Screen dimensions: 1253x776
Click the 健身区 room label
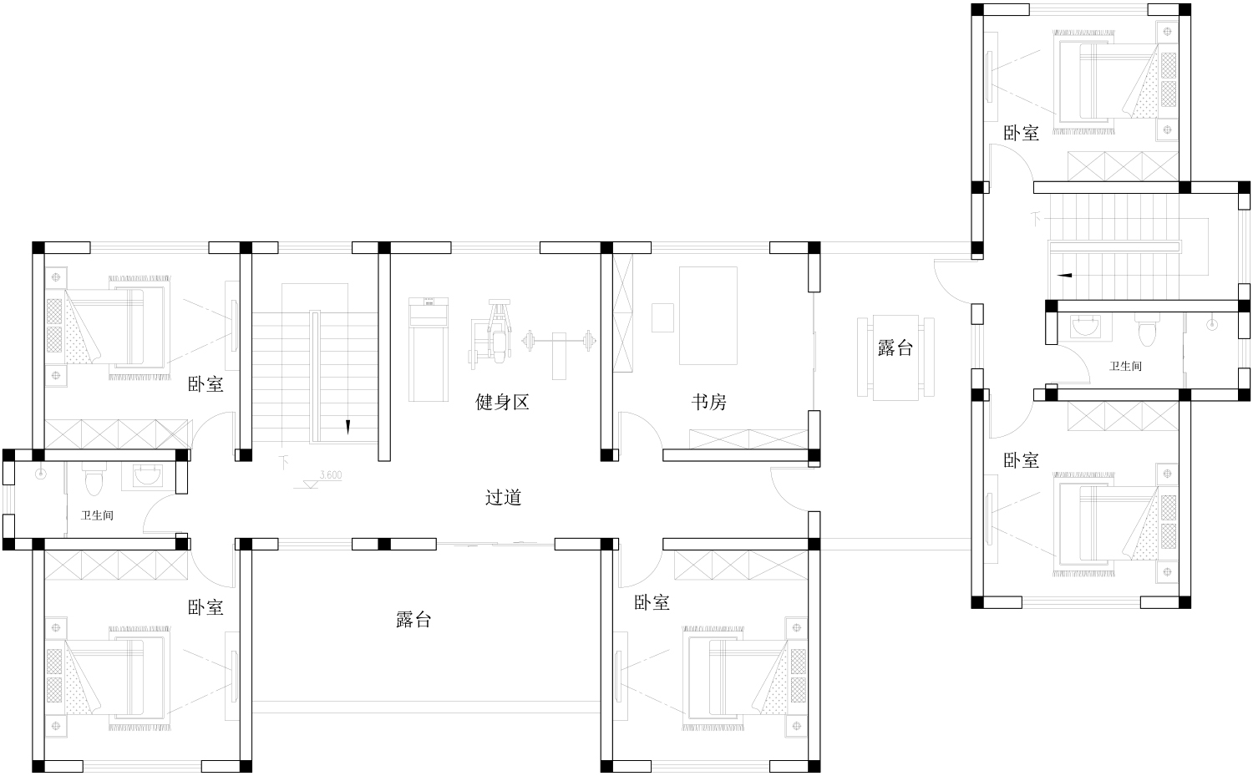[x=502, y=402]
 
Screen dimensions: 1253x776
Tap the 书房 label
[x=708, y=402]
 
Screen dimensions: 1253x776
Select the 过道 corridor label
[x=503, y=497]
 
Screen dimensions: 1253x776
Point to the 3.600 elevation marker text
[x=331, y=475]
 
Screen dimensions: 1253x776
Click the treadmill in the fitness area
[x=428, y=350]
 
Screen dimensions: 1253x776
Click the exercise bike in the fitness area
[x=491, y=334]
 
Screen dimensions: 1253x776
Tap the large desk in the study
[x=708, y=316]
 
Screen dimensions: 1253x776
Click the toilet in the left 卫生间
[x=94, y=479]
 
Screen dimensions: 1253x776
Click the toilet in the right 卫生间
[x=1146, y=330]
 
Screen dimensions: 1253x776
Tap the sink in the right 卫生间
[x=1084, y=326]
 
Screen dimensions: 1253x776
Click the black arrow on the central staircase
[x=348, y=427]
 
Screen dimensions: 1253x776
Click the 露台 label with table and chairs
[x=895, y=347]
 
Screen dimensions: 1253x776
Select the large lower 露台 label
[x=413, y=619]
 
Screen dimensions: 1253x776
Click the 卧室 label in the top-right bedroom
[x=1021, y=133]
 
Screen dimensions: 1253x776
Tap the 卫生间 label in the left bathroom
[x=97, y=515]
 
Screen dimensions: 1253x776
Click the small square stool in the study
[x=663, y=317]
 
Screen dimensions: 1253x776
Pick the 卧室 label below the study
[x=652, y=602]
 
